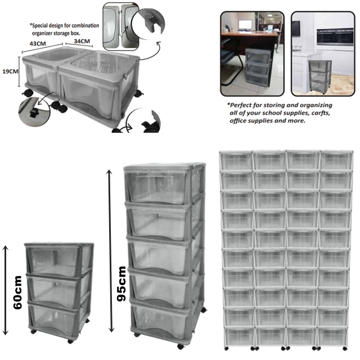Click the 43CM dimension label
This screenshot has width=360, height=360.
(x=38, y=43)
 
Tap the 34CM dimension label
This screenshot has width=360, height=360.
(x=82, y=41)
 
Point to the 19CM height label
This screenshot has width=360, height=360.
(x=10, y=71)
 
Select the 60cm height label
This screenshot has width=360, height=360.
(x=17, y=292)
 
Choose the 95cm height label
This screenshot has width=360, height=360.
(x=121, y=283)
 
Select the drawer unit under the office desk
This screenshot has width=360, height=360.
(x=258, y=67)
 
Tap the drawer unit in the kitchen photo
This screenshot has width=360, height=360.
(x=319, y=76)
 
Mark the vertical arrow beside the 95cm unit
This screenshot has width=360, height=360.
(x=111, y=251)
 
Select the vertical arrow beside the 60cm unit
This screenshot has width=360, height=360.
(x=5, y=290)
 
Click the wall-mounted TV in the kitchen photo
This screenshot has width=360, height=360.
(x=296, y=29)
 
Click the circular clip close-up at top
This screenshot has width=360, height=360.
(x=148, y=24)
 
